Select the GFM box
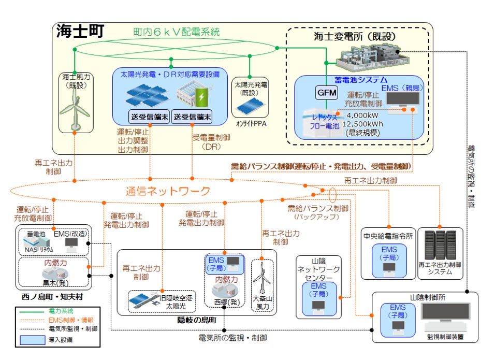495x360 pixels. click(x=326, y=93)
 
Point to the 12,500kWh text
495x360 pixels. click(x=366, y=125)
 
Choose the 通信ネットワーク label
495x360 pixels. click(x=168, y=191)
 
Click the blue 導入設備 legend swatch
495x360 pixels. click(x=32, y=340)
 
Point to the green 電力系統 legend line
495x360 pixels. click(x=32, y=311)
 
